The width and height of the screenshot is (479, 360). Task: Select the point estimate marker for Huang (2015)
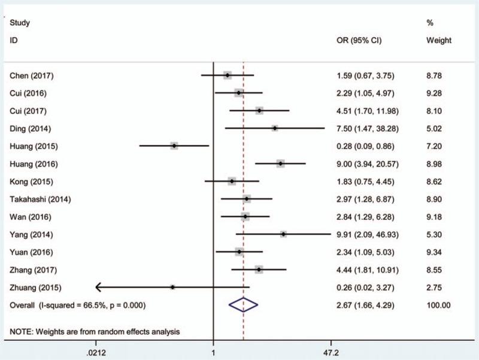tap(174, 146)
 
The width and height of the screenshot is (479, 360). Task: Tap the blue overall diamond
tap(244, 305)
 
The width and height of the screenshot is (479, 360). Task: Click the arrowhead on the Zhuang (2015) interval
tap(98, 288)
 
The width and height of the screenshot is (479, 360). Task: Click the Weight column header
tap(438, 41)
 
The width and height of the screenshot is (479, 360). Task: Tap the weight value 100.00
tap(438, 305)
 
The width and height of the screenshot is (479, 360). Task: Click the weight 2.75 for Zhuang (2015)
tap(435, 288)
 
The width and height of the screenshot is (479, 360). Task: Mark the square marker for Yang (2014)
tap(283, 234)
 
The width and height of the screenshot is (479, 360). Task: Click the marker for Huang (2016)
tap(280, 164)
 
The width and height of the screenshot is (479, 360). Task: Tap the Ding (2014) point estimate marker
tap(275, 128)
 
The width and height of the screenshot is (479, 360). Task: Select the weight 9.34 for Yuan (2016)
tap(435, 252)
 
